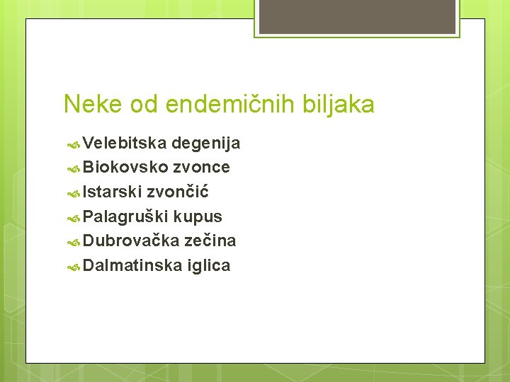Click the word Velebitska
point(125,144)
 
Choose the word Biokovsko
point(125,168)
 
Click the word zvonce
point(201,168)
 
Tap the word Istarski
point(112,192)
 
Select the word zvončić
point(177,192)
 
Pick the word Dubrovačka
point(131,241)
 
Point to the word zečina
point(210,241)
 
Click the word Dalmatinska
point(133,266)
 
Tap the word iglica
point(209,266)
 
